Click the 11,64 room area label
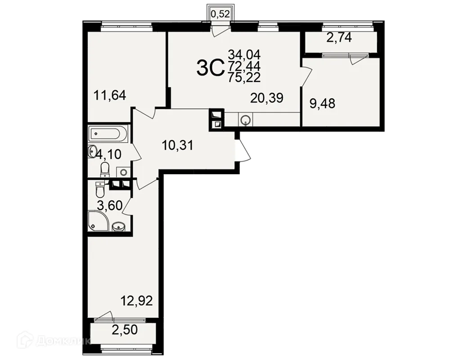click(x=110, y=95)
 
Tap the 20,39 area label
click(x=266, y=98)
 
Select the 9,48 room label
click(x=322, y=103)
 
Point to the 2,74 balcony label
click(x=339, y=38)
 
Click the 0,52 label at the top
click(x=220, y=14)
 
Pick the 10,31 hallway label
click(x=178, y=145)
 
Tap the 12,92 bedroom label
click(x=136, y=301)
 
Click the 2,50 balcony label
click(x=125, y=329)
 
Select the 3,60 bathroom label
click(x=110, y=206)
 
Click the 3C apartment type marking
click(x=210, y=68)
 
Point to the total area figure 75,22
click(x=244, y=77)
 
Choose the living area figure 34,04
click(x=244, y=54)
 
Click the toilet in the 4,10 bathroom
click(x=105, y=169)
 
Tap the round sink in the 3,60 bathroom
click(x=118, y=227)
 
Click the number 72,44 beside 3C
click(x=244, y=66)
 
